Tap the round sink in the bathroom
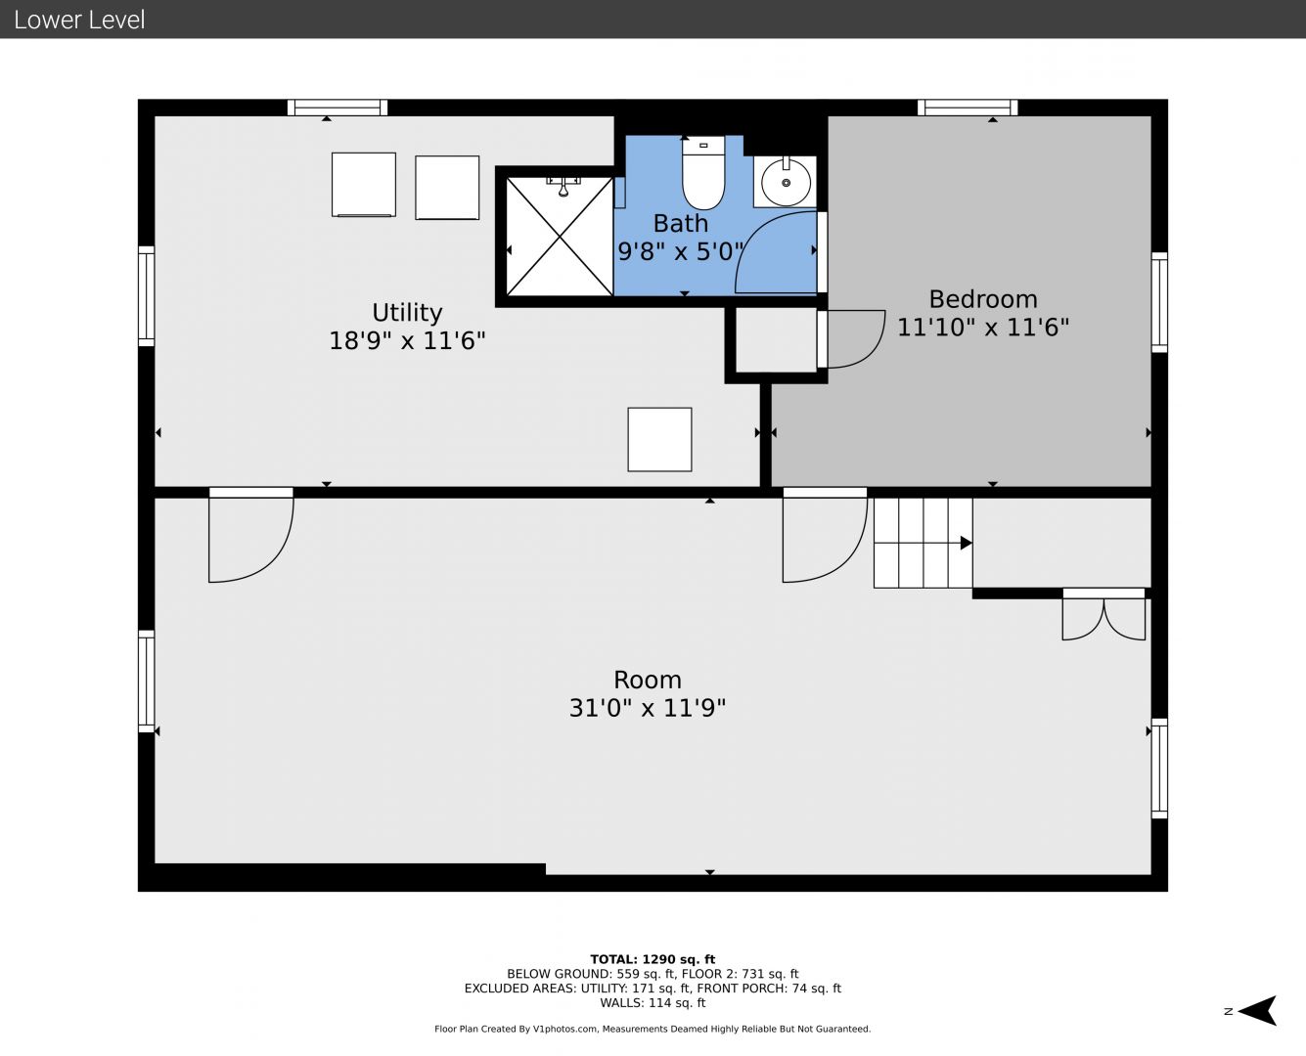coord(786,182)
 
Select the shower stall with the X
coord(560,237)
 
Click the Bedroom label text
coord(983,299)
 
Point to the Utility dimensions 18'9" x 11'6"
coord(407,340)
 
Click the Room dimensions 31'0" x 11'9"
coord(648,708)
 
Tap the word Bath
coord(681,224)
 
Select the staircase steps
coord(923,543)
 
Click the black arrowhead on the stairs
coord(967,543)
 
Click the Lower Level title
coord(79,20)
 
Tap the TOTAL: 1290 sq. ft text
coord(653,959)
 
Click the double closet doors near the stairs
coord(1103,619)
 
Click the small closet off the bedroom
coord(776,340)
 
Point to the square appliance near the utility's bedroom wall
coord(659,439)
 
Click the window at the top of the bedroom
coord(968,108)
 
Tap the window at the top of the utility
coord(338,108)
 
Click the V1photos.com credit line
coord(653,1029)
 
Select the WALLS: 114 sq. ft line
coord(653,1003)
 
